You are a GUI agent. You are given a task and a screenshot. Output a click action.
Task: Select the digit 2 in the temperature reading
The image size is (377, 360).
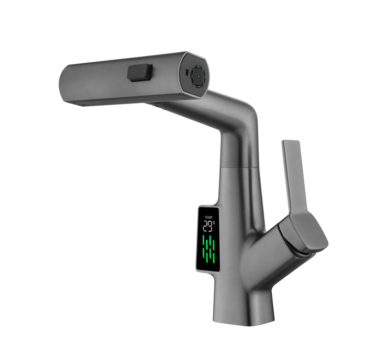(205, 226)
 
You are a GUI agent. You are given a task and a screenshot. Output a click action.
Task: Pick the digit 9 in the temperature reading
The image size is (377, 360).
(210, 226)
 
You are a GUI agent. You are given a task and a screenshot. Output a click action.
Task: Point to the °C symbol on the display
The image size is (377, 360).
(214, 223)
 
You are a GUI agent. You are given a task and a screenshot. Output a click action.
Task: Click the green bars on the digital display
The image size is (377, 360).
(209, 249)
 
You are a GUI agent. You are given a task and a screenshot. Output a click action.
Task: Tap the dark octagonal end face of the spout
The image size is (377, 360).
(194, 76)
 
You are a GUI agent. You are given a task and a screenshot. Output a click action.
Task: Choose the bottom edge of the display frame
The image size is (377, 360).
(207, 270)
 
